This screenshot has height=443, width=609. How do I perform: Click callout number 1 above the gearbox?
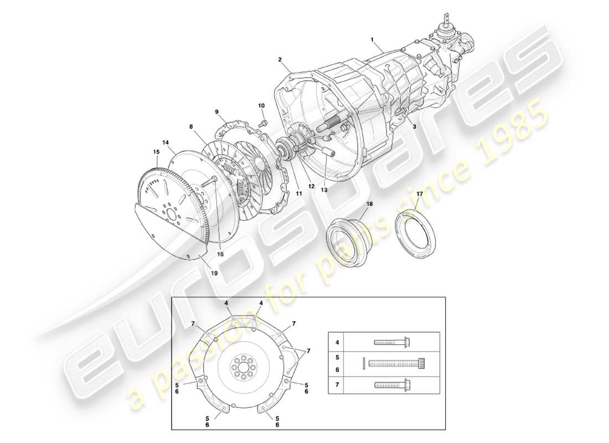point(372,40)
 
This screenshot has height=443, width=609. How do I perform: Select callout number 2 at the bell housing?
point(280,59)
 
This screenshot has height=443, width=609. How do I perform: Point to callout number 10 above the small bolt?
point(261,105)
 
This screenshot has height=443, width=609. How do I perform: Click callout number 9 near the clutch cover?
point(218,111)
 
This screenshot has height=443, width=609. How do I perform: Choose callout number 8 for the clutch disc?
point(191,127)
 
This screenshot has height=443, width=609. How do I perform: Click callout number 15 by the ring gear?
point(156,151)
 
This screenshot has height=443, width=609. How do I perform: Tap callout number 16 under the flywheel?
point(220,254)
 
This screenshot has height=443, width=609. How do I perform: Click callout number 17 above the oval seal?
point(420,194)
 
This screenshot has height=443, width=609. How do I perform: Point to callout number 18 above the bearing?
point(369,204)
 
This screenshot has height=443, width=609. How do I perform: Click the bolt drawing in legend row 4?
point(391,342)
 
